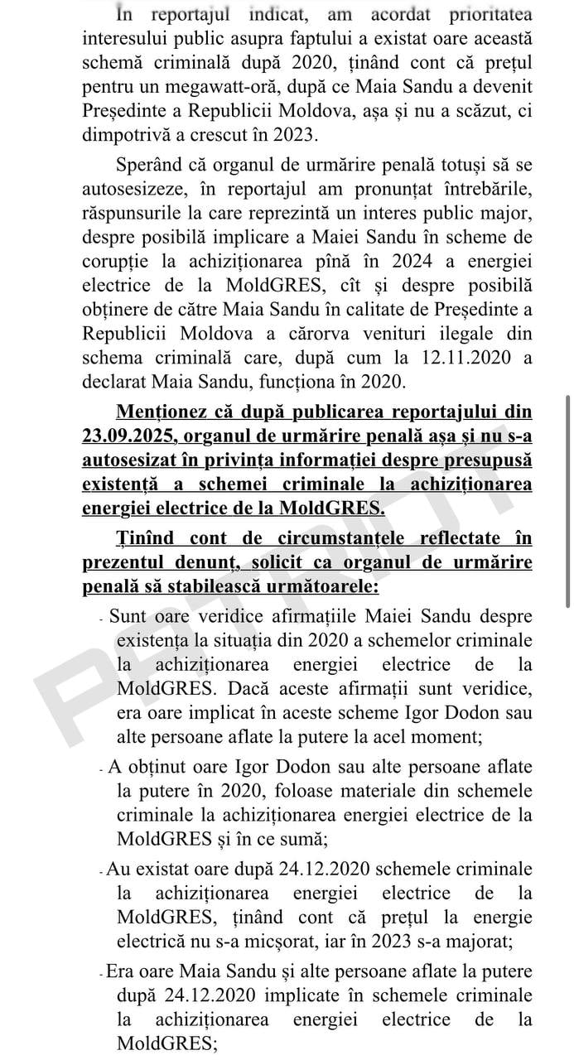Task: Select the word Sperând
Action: [154, 165]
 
